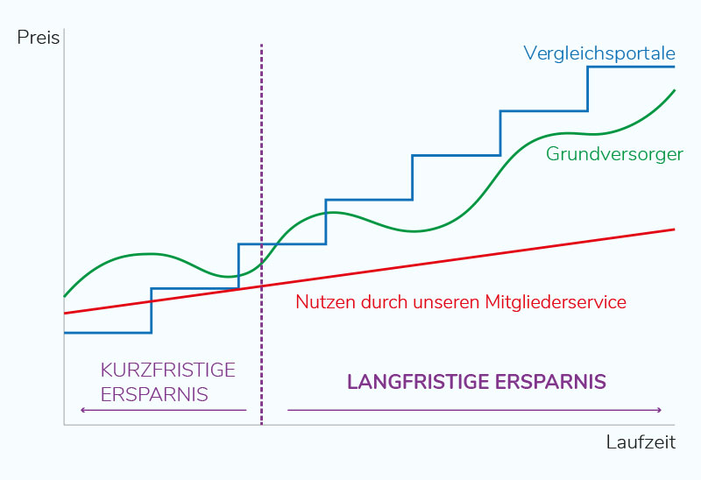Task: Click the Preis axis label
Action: pos(39,39)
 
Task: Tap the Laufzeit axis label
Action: pos(641,442)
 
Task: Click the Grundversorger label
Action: pos(614,154)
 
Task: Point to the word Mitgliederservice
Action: pos(556,302)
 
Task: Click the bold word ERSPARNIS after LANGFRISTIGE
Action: pos(551,383)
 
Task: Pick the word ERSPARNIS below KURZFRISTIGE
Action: pos(154,394)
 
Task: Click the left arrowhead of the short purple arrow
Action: pos(81,410)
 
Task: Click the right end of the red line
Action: pos(673,229)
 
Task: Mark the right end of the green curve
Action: pos(674,90)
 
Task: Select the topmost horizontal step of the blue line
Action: pos(631,67)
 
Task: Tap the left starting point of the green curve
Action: pos(65,296)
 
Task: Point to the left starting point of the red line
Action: pos(65,313)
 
